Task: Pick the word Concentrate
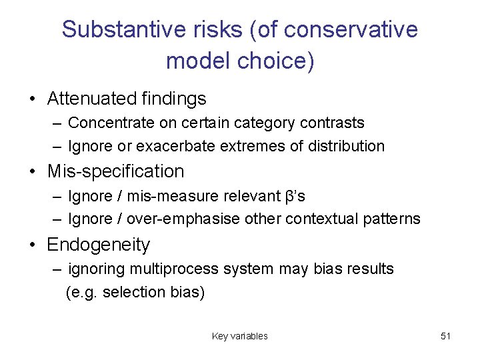point(109,123)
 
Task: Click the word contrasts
point(331,123)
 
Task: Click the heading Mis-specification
point(115,171)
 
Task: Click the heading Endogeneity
point(99,245)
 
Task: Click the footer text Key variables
point(239,336)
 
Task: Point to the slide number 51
point(446,336)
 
